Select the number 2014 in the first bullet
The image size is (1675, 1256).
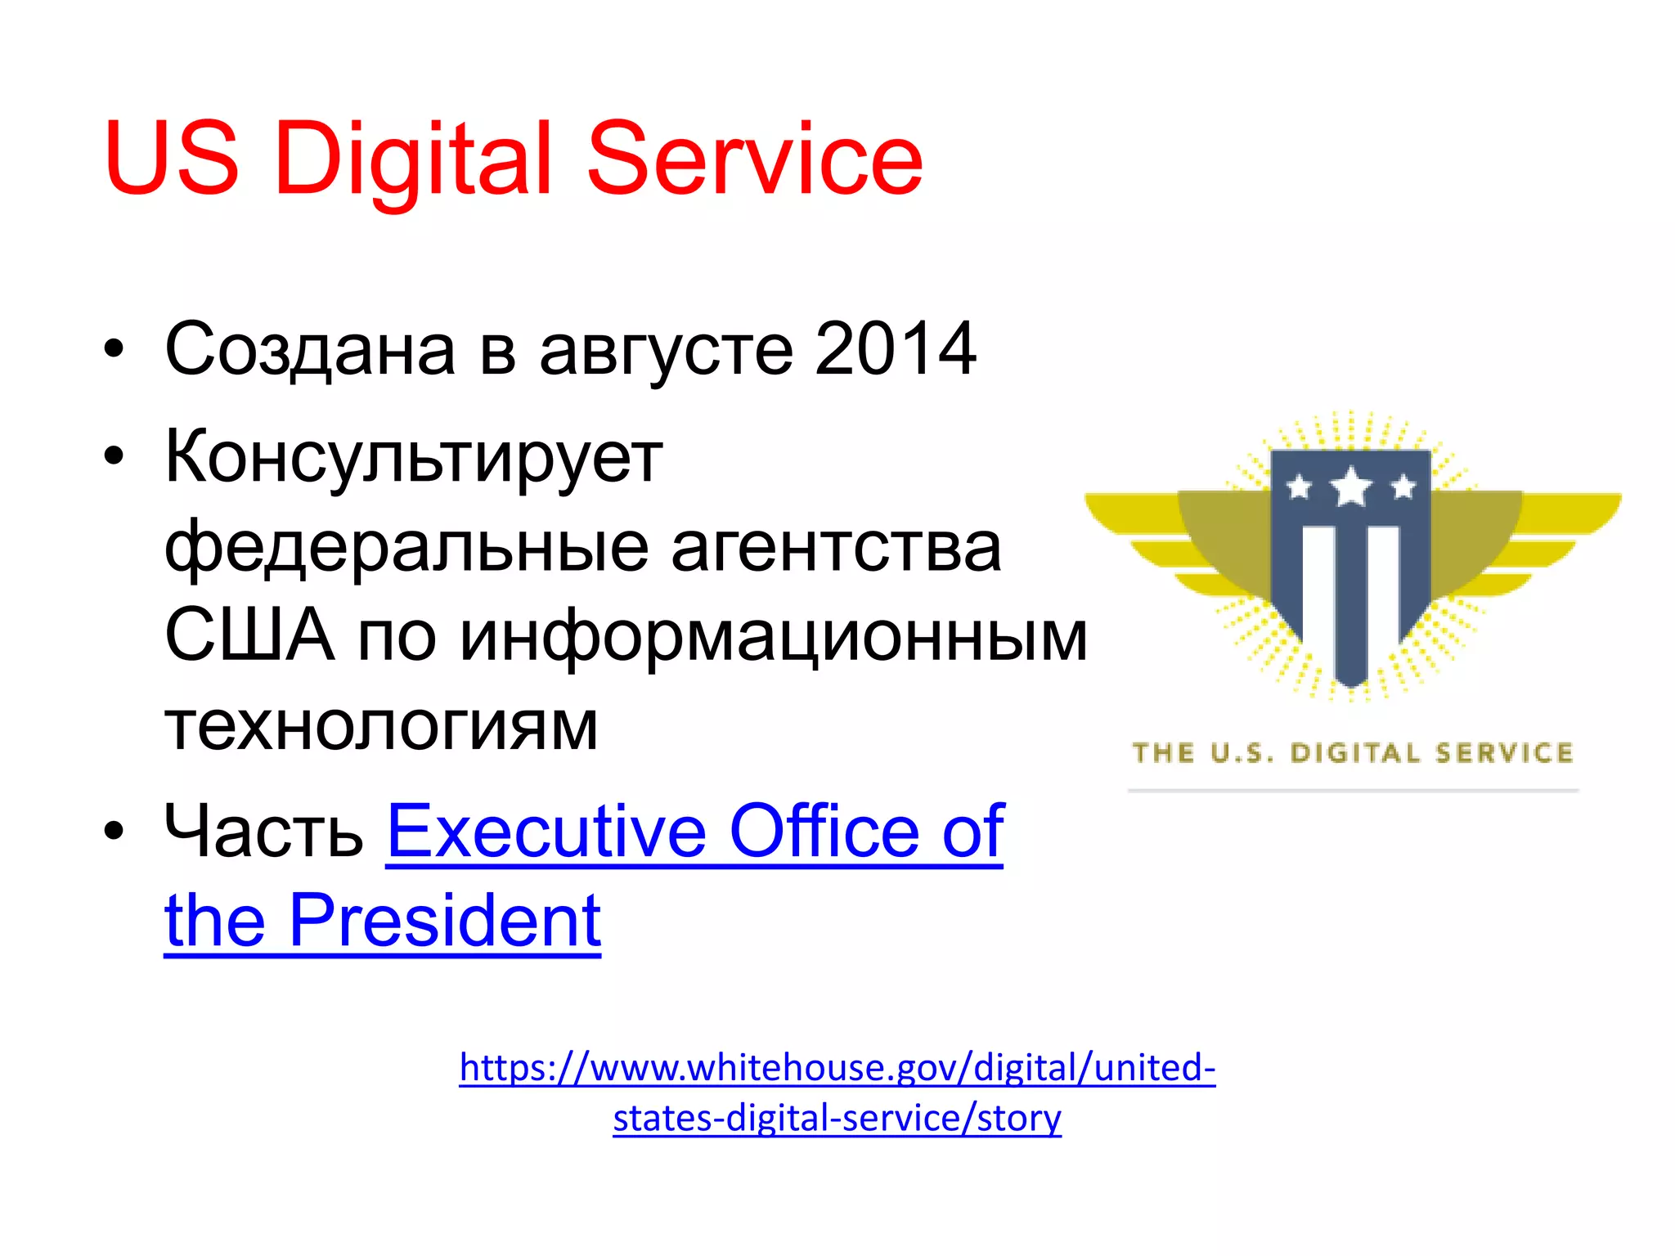click(x=895, y=349)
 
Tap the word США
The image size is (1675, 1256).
click(x=249, y=635)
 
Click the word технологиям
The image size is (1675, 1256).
click(x=381, y=726)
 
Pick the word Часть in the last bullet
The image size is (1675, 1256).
click(x=263, y=832)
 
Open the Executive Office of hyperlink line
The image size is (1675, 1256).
click(x=694, y=832)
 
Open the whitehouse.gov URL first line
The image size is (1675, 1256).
click(x=837, y=1068)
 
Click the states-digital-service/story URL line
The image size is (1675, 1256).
click(x=837, y=1118)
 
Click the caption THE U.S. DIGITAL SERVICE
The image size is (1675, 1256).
click(x=1352, y=752)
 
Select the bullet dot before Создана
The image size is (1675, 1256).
click(x=114, y=349)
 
